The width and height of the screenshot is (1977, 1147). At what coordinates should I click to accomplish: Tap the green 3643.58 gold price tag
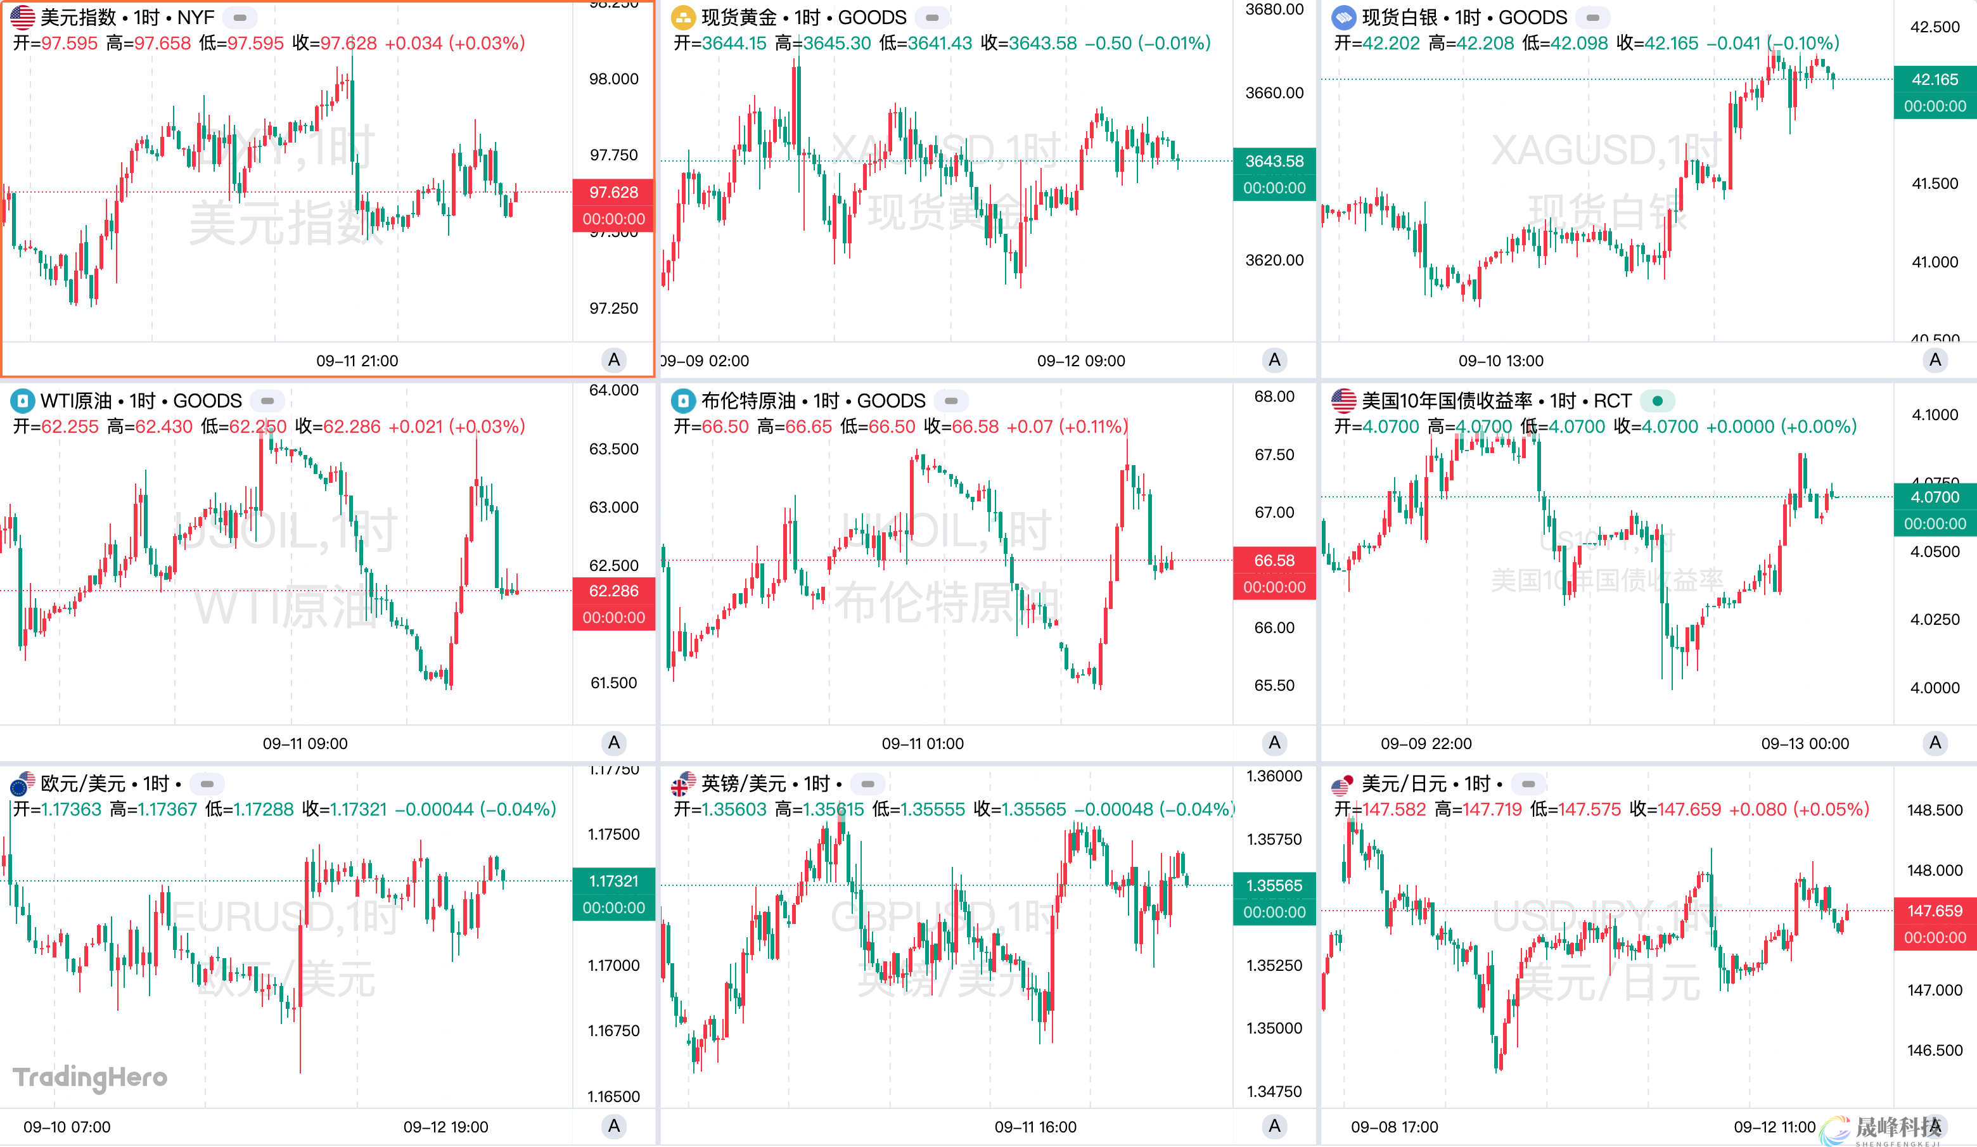click(x=1274, y=162)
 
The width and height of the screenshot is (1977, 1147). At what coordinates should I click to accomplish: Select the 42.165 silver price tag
click(x=1934, y=80)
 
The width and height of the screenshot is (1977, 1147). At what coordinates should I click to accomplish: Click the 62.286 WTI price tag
click(x=613, y=591)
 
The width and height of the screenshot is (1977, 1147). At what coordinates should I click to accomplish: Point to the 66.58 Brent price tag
click(x=1274, y=561)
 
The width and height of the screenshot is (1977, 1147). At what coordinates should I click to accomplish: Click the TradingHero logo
click(x=90, y=1077)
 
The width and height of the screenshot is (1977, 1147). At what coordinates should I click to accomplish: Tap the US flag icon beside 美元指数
click(x=22, y=17)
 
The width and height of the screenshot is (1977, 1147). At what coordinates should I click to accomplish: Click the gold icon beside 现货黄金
click(x=683, y=17)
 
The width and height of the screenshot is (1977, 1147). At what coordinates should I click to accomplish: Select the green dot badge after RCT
click(x=1657, y=401)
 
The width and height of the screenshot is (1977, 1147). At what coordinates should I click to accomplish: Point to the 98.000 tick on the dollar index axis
click(x=613, y=79)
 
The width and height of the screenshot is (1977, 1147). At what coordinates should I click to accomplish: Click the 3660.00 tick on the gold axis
click(x=1274, y=93)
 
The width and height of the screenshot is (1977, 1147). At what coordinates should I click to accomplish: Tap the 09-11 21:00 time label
click(x=357, y=361)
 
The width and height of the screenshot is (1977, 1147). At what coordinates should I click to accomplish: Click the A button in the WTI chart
click(x=613, y=743)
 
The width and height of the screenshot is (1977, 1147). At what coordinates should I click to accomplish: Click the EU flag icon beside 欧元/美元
click(x=22, y=784)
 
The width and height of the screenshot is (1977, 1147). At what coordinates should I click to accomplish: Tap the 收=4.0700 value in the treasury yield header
click(x=1655, y=426)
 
